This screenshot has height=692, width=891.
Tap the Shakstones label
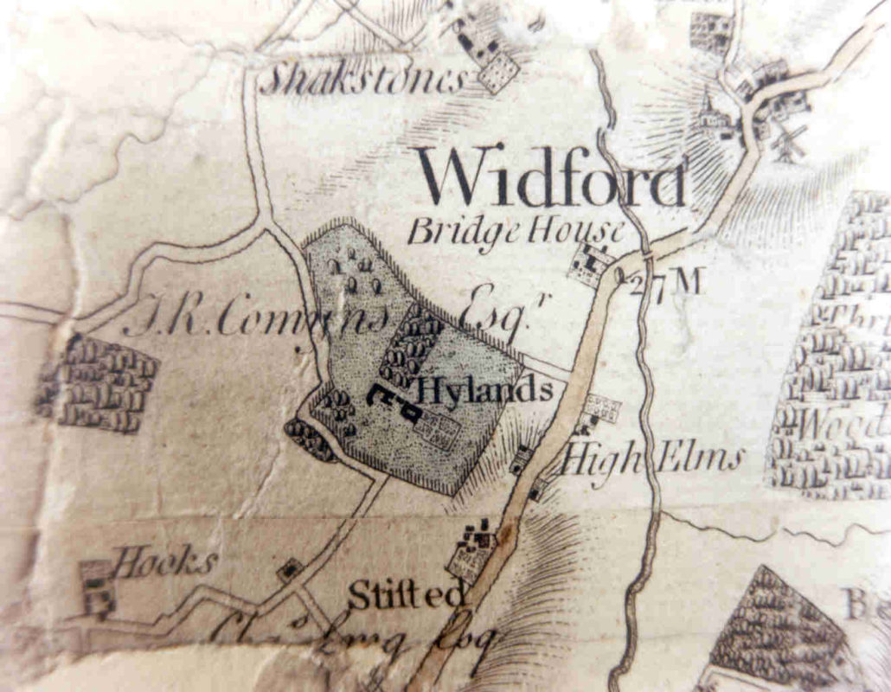click(x=363, y=80)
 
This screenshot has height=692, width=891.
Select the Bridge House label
click(x=516, y=231)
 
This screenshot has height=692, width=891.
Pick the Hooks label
click(x=164, y=562)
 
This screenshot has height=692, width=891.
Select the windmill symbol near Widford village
click(x=789, y=143)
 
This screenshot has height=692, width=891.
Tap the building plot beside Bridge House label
click(x=593, y=263)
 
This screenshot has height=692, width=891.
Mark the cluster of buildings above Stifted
click(x=472, y=549)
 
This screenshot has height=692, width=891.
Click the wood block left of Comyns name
click(x=98, y=385)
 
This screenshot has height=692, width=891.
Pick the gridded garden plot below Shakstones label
click(x=498, y=72)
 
